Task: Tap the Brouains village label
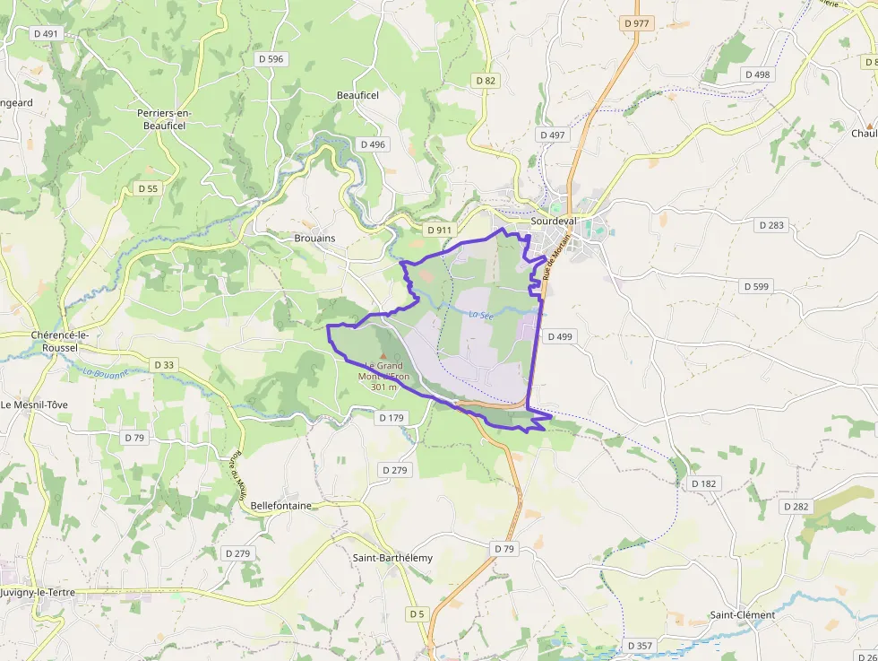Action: click(x=314, y=239)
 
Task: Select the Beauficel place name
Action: click(x=357, y=95)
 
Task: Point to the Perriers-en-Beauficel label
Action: click(x=164, y=119)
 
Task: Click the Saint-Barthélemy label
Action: click(x=392, y=558)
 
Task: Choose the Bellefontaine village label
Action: click(x=281, y=506)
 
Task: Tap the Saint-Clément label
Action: click(x=743, y=615)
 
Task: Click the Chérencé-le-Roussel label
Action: click(x=65, y=341)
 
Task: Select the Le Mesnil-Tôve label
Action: click(x=34, y=404)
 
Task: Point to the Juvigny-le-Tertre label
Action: click(x=38, y=593)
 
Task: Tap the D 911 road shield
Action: click(x=439, y=230)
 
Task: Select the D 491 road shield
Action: click(x=45, y=33)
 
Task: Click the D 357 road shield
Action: click(x=641, y=646)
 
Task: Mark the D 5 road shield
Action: click(x=417, y=614)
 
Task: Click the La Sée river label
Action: click(x=481, y=314)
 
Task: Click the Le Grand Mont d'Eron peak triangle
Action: click(x=383, y=356)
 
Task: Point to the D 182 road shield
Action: click(x=704, y=483)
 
